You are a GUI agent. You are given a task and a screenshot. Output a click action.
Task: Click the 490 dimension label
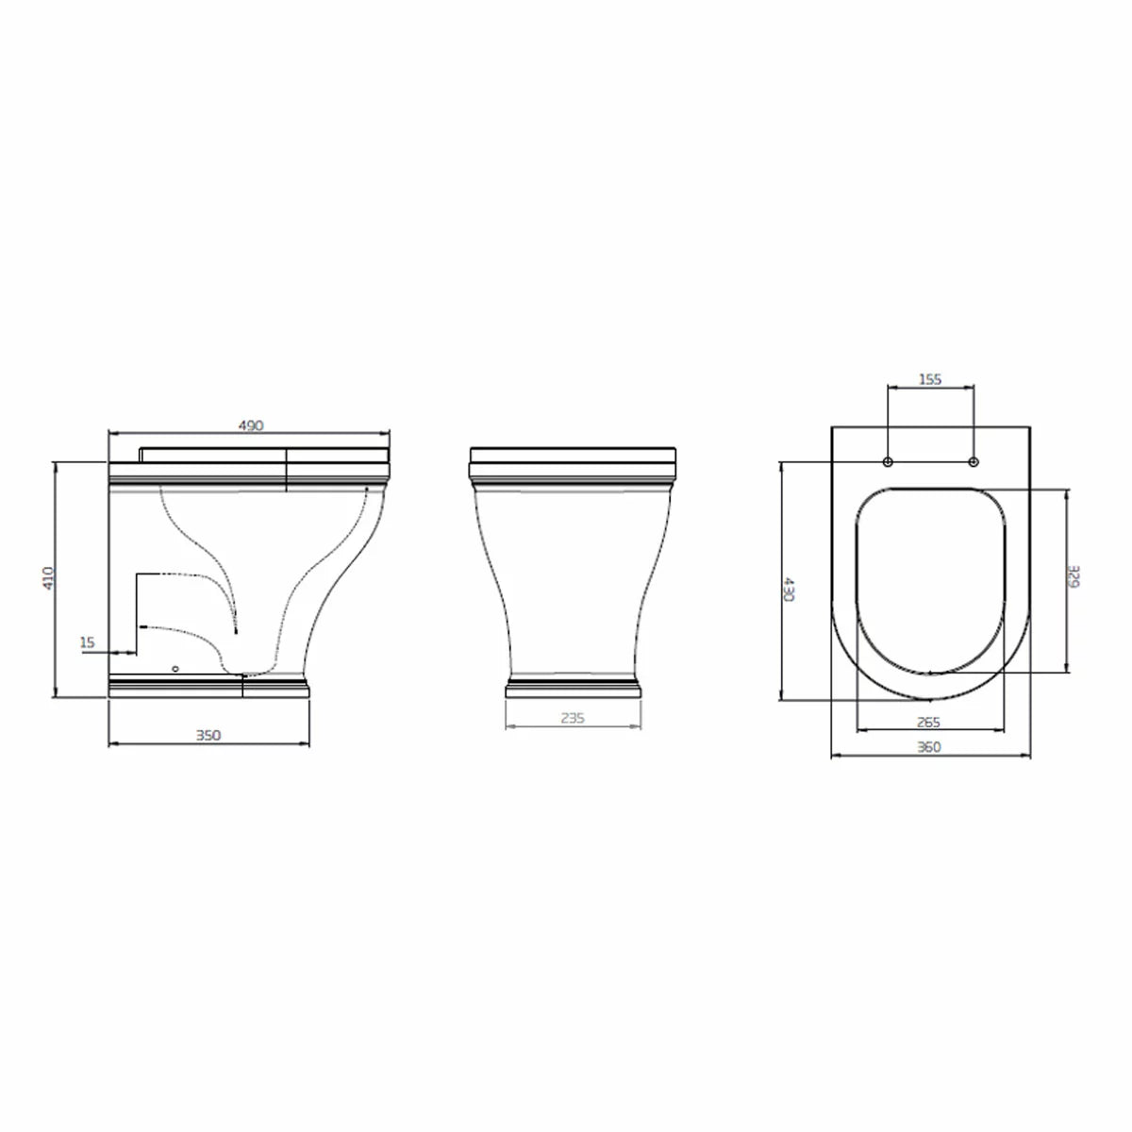[251, 425]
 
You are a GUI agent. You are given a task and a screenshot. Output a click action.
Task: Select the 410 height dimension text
[48, 578]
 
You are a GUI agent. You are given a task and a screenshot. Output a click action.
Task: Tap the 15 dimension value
[87, 642]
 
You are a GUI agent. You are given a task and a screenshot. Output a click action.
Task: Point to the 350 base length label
[208, 736]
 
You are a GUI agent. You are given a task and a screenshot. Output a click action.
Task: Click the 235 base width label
[573, 718]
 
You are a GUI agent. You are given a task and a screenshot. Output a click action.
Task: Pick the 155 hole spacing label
[930, 379]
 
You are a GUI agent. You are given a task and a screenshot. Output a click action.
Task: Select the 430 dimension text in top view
[789, 589]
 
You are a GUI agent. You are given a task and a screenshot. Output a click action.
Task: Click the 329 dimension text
[1074, 576]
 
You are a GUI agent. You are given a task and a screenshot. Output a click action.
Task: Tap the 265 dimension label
[928, 722]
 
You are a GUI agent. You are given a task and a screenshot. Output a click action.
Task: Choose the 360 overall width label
[929, 746]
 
